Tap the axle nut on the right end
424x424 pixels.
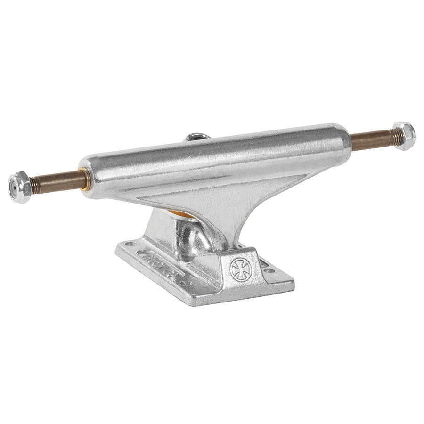click(404, 135)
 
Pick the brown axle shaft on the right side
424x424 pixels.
click(370, 140)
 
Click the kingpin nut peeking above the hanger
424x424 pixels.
click(197, 137)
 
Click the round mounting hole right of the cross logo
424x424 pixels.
click(269, 270)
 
